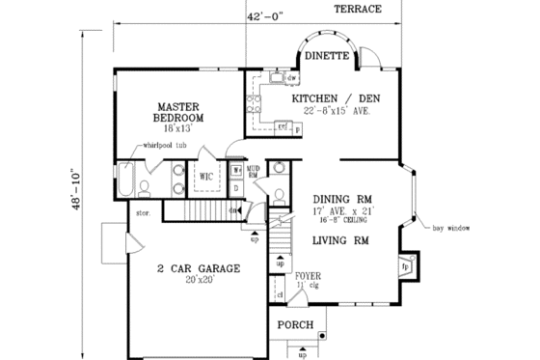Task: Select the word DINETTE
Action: pos(326,56)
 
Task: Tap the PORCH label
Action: pos(294,325)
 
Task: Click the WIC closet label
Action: pos(206,177)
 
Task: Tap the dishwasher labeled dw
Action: pos(290,77)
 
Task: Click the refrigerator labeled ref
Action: pos(283,125)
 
